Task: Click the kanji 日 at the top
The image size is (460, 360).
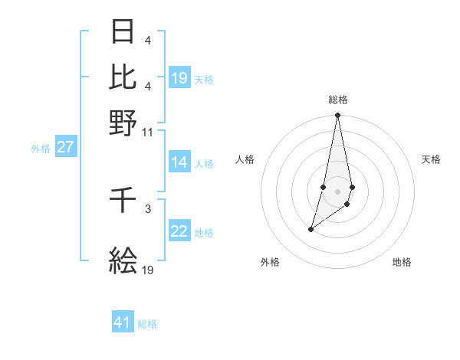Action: coord(123,33)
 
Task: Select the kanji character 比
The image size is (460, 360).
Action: coord(123,77)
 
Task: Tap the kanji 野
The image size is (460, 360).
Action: coord(123,123)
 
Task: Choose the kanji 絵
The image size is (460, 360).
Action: coord(123,261)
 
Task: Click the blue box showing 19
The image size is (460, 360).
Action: coord(179,78)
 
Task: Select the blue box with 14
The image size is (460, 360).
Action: coord(179,162)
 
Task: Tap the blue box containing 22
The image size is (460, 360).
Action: coord(179,232)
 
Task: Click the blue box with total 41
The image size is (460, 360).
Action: coord(123,323)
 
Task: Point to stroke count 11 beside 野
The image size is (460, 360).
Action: coord(147,132)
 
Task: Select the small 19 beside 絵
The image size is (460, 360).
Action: coord(148,270)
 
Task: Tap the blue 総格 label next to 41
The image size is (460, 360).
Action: coord(147,324)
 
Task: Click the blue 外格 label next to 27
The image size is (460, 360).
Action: coord(41,149)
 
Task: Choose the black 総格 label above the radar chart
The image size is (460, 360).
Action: coord(337,100)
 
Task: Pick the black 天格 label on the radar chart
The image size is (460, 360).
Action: coord(431,159)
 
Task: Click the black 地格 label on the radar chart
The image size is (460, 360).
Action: coord(402,262)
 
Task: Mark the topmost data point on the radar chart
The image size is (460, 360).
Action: coord(337,116)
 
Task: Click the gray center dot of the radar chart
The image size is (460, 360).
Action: coord(337,191)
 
